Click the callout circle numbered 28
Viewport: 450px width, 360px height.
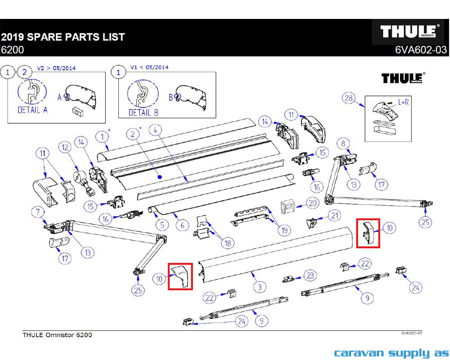(348, 99)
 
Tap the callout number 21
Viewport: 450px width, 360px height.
(333, 216)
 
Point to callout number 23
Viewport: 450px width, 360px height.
(310, 275)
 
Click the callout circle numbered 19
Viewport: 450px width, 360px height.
(283, 230)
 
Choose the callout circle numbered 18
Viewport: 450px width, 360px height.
(228, 243)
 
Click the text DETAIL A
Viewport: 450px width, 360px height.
(32, 109)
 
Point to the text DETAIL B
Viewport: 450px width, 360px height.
(143, 112)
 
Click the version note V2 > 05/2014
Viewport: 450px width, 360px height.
(56, 68)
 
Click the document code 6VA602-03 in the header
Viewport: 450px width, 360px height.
(421, 50)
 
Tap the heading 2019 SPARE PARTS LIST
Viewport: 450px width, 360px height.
(63, 37)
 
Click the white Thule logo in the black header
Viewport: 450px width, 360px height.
(409, 31)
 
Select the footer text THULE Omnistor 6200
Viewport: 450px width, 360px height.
(57, 335)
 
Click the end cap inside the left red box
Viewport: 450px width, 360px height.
(181, 275)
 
